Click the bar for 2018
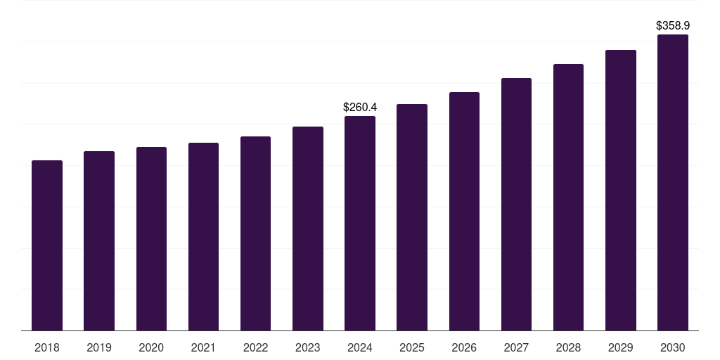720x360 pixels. (x=47, y=245)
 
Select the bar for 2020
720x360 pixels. (x=151, y=239)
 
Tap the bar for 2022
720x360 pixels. (x=255, y=233)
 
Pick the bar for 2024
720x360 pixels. (x=360, y=224)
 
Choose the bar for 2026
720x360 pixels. (x=464, y=212)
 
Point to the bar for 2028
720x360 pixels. (x=568, y=198)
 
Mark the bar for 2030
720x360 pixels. (x=673, y=183)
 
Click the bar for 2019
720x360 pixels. (x=99, y=241)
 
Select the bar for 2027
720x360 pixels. (x=516, y=205)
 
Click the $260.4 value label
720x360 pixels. (x=360, y=108)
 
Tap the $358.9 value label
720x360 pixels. (x=673, y=26)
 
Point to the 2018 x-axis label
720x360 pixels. (x=47, y=347)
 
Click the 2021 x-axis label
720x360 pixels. (x=203, y=347)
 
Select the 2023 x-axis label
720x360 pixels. (x=307, y=347)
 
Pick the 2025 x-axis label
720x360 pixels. (x=412, y=347)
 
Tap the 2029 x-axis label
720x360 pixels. (x=621, y=347)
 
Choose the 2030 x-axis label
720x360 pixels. (x=673, y=347)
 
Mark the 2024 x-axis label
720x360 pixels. (x=360, y=347)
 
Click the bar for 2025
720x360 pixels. (x=412, y=217)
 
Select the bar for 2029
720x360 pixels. (x=621, y=191)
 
